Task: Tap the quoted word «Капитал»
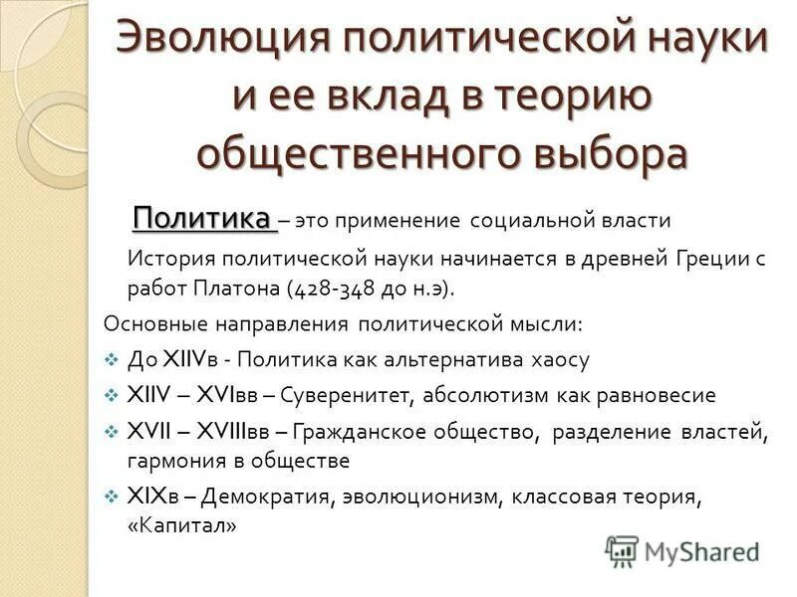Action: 182,525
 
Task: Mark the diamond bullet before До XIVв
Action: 111,359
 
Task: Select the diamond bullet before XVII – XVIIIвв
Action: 111,431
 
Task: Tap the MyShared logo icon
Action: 623,549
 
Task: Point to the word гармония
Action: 174,461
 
